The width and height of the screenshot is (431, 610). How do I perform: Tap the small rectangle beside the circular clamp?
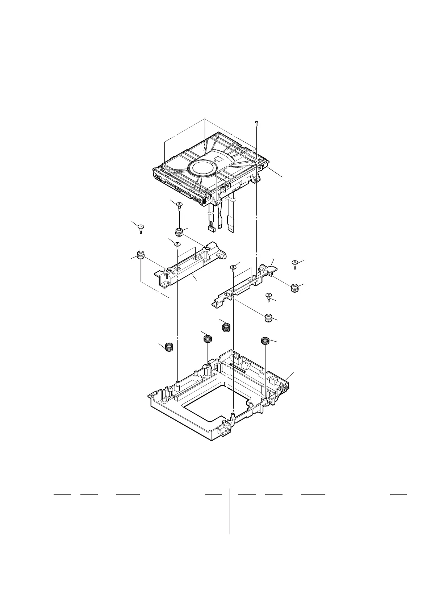tap(218, 159)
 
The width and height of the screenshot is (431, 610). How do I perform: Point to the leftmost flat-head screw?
tap(141, 227)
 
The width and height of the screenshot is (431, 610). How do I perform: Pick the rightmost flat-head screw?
tap(295, 262)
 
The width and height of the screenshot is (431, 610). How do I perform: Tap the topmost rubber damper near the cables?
tap(179, 231)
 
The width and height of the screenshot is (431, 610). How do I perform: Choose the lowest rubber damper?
tap(268, 318)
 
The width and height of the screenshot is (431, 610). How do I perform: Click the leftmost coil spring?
tap(169, 347)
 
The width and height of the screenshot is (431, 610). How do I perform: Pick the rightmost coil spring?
tap(265, 340)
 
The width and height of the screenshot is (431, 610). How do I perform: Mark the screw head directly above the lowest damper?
tap(268, 296)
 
